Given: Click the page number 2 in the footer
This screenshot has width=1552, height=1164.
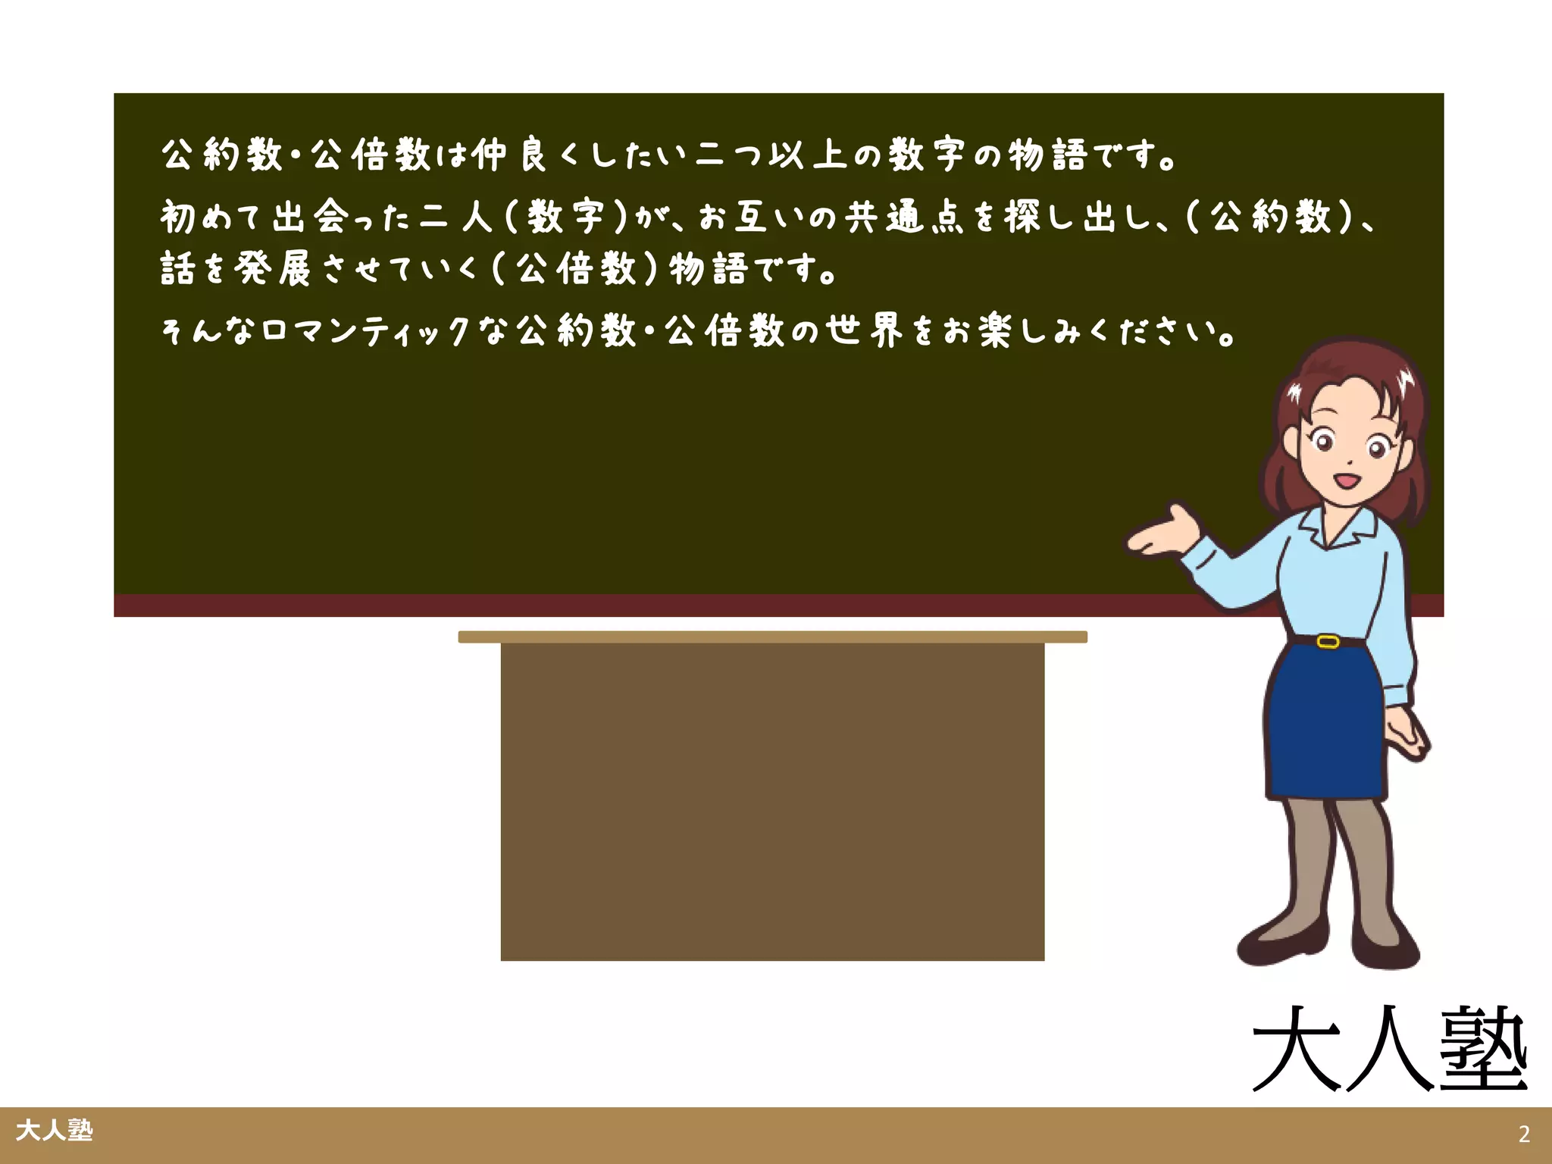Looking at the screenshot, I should (x=1524, y=1134).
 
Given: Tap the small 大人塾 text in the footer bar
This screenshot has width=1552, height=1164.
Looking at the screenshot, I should (x=54, y=1131).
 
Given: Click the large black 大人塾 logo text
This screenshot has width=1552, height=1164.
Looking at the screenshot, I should (x=1389, y=1050).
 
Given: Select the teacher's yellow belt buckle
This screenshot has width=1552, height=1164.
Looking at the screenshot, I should (x=1328, y=642).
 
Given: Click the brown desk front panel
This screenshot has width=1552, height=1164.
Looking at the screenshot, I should (x=772, y=802).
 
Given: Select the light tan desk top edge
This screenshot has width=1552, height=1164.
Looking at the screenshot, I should (x=772, y=637).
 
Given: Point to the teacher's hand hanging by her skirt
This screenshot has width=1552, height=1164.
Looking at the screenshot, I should (x=1407, y=736).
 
